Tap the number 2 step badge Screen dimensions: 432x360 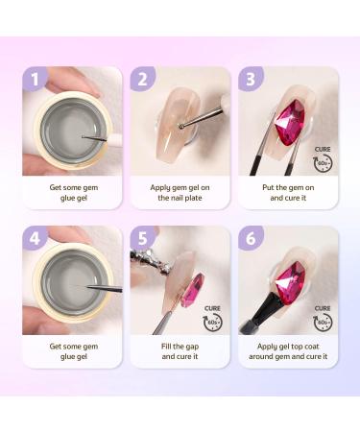[142, 80]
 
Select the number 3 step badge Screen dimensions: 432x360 [250, 80]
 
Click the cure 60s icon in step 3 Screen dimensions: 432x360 [323, 156]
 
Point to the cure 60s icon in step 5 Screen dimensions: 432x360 [215, 317]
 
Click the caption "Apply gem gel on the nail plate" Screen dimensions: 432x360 [180, 193]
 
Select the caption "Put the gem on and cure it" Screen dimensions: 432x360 [287, 193]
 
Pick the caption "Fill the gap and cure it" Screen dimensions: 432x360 [180, 352]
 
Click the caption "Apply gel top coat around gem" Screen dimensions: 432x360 [287, 352]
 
